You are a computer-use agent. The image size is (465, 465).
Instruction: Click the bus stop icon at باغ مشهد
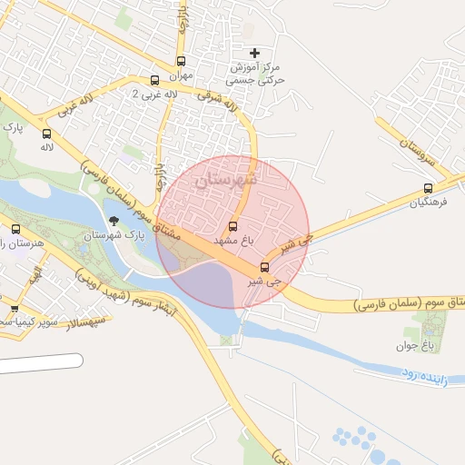point(232,226)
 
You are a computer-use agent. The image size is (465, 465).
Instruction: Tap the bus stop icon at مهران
point(181,61)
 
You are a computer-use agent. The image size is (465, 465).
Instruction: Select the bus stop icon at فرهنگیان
point(428,189)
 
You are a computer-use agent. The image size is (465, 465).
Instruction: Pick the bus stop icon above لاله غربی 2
point(154,80)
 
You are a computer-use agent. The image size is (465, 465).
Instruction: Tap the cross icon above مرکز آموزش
point(254,53)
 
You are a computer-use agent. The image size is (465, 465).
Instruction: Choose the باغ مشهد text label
point(231,241)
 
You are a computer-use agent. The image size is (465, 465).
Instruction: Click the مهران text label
point(181,75)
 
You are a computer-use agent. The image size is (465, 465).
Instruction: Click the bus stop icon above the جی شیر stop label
point(264,267)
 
